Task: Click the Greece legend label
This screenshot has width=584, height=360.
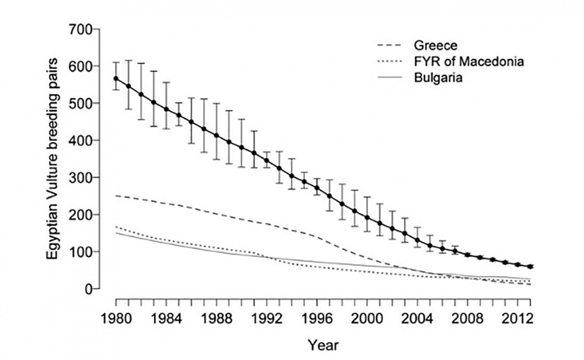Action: point(434,45)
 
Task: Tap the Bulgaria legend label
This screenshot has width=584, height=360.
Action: point(437,78)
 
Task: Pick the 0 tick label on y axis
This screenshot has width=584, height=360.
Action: point(89,289)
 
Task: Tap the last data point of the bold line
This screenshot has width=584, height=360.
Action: point(530,266)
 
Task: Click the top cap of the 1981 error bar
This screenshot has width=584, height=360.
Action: point(128,60)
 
